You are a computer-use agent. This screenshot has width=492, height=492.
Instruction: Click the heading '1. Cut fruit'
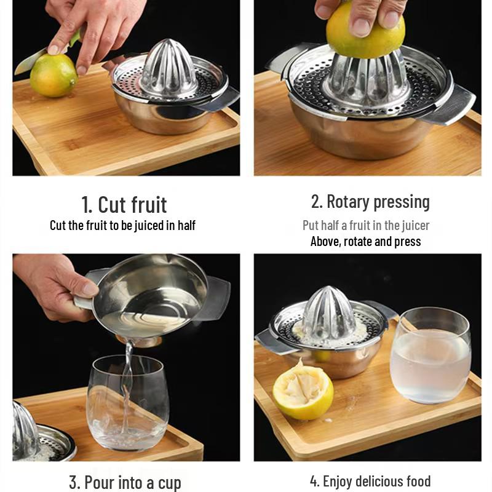[124, 204]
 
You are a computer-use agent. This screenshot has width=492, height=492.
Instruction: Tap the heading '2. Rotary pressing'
[370, 202]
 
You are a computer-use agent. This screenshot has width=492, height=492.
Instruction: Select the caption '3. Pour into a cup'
[125, 482]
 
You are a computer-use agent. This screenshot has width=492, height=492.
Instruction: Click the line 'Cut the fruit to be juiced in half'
[122, 226]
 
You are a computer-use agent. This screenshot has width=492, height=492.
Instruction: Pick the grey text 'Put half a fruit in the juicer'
[365, 226]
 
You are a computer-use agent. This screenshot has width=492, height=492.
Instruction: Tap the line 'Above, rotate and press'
[365, 242]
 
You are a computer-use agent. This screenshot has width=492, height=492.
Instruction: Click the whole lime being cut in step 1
[54, 75]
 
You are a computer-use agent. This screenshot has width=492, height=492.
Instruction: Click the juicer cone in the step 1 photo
[168, 68]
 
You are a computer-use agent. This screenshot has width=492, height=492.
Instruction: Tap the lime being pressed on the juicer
[365, 31]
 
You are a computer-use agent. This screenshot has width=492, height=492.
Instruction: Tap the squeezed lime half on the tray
[303, 391]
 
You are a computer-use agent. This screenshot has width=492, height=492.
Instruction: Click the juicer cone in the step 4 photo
[328, 314]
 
